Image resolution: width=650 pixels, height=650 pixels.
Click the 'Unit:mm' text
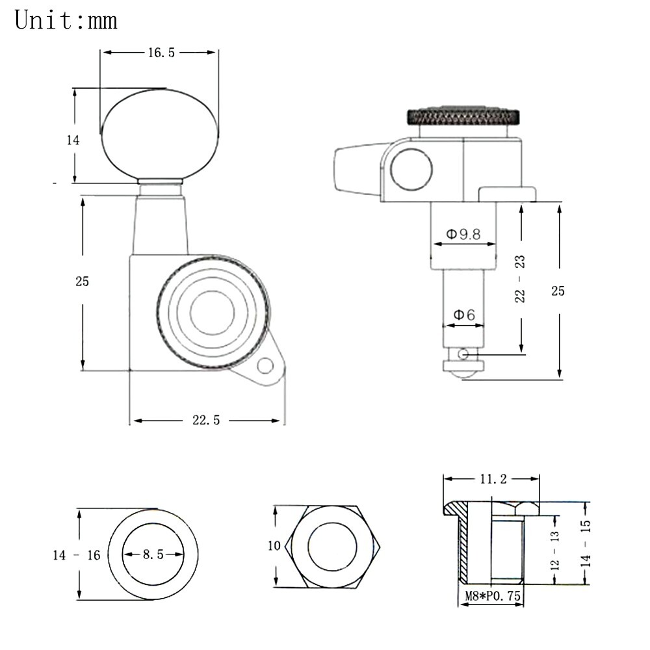coord(66,20)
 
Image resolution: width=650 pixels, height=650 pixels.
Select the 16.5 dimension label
coord(162,53)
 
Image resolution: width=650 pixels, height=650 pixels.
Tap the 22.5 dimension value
coord(206,421)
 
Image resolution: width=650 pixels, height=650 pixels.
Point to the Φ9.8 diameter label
coord(463,234)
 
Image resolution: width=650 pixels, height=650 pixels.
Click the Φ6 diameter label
coord(464,315)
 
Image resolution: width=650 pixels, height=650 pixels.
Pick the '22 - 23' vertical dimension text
coord(520,279)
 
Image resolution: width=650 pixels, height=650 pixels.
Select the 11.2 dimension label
coord(493,479)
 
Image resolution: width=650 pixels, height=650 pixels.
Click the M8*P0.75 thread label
coord(493,596)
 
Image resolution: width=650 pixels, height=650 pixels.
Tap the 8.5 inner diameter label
coord(153,554)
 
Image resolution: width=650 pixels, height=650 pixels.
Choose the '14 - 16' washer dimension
coord(77,555)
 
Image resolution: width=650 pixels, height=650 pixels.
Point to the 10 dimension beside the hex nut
coord(274,545)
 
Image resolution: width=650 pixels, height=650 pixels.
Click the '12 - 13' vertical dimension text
coord(554,550)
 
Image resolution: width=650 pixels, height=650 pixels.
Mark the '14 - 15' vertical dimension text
coord(586,543)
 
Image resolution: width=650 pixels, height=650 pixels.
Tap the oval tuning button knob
coord(160,136)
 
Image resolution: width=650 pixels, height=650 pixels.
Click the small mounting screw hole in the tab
coord(265,366)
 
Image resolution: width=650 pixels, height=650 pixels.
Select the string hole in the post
coord(464,354)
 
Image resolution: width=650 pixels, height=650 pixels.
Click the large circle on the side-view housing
coord(411,170)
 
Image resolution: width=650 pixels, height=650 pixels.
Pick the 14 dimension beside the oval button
coord(73,140)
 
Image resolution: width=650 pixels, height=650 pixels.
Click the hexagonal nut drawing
coord(332,547)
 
